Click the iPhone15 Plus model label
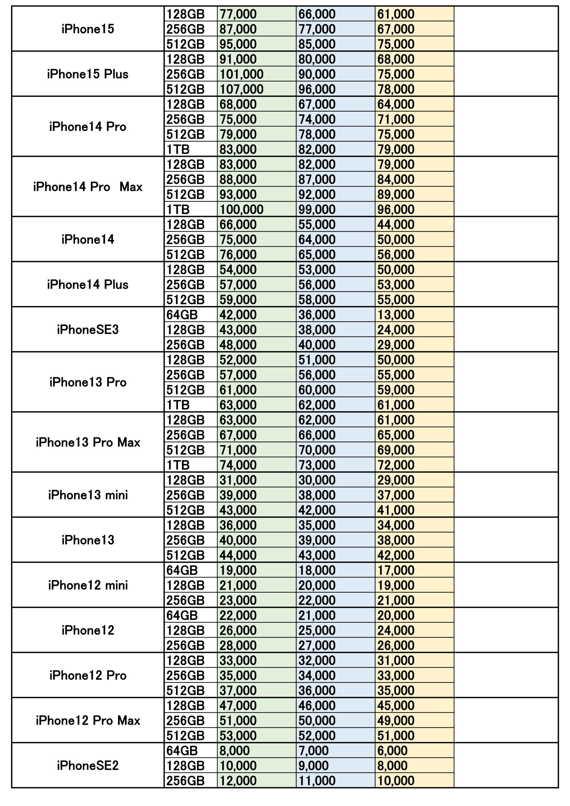coord(88,74)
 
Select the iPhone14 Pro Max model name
coord(88,187)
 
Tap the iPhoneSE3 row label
coord(88,330)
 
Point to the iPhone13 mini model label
coord(88,495)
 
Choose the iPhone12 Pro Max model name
coord(88,721)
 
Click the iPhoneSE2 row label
coord(88,765)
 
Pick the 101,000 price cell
coord(241,74)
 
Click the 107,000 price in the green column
coord(241,89)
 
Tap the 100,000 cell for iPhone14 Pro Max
coord(241,210)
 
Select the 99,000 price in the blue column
coord(317,210)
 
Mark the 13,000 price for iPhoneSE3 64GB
coord(396,315)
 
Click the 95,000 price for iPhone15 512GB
coord(238,44)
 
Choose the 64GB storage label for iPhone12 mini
coord(182,570)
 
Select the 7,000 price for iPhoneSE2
coord(313,751)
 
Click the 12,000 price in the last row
coord(238,781)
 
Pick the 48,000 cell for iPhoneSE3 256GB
coord(238,345)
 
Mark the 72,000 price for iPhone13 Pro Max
coord(396,465)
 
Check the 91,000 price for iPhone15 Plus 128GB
coord(238,59)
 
